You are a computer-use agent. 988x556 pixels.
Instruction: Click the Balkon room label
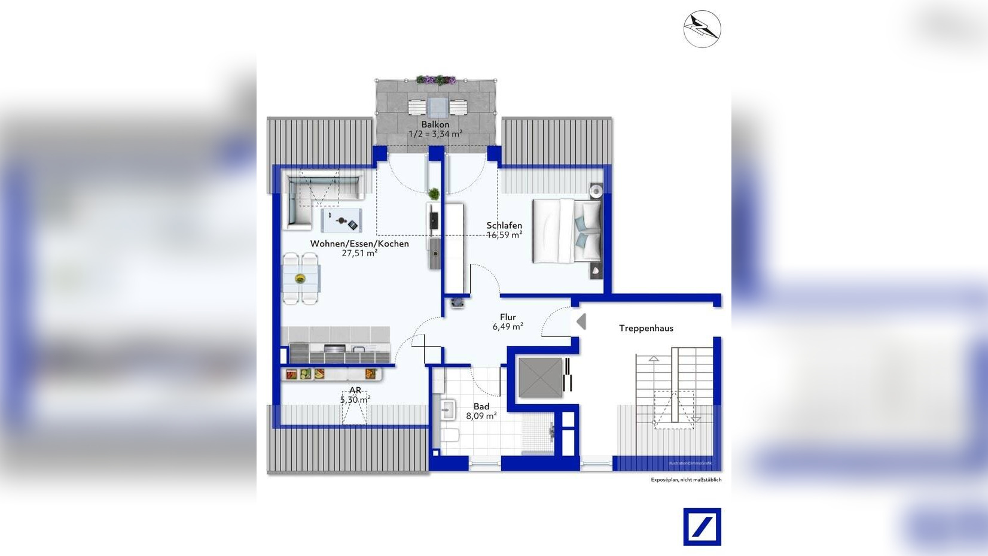[435, 124]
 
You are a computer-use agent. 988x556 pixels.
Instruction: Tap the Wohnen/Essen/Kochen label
[359, 244]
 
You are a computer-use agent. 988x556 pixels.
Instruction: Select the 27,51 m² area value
[359, 253]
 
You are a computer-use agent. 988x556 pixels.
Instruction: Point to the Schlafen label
[504, 226]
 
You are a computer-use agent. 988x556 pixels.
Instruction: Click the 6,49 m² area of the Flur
[508, 327]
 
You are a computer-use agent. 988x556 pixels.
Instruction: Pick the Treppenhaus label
[646, 328]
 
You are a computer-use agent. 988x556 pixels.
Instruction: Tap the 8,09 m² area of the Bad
[481, 416]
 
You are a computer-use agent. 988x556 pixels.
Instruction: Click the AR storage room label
[355, 390]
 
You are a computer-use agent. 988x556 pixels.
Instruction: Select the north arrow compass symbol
[702, 29]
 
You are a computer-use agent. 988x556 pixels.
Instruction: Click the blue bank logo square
[702, 527]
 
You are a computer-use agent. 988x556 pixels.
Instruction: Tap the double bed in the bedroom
[567, 231]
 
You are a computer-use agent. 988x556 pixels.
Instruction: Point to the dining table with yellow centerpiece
[300, 278]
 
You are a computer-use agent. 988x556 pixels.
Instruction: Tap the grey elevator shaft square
[540, 377]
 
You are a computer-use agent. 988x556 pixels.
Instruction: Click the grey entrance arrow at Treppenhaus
[581, 321]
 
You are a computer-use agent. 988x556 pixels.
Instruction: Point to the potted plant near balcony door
[434, 194]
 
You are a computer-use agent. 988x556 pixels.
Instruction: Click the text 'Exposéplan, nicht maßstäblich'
[686, 480]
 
